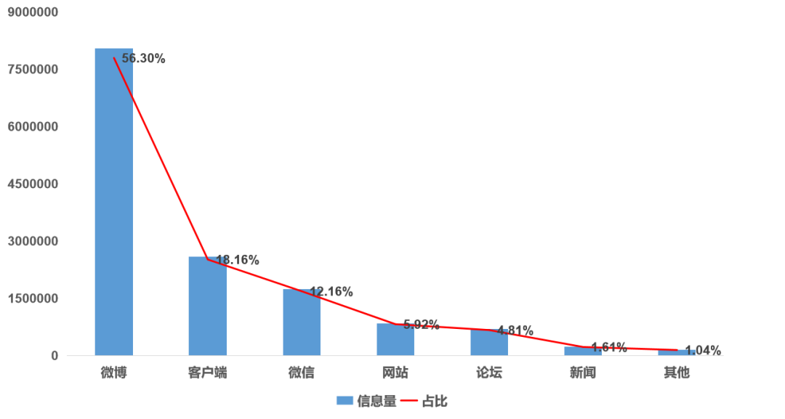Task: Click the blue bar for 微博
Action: tap(113, 203)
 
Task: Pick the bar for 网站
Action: tap(395, 340)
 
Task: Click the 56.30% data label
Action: tap(143, 59)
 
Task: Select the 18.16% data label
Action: tap(238, 260)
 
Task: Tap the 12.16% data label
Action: tap(331, 292)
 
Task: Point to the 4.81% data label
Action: tap(515, 330)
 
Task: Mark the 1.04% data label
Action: tap(703, 349)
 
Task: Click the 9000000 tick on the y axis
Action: tap(33, 12)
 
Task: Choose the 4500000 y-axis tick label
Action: tap(33, 184)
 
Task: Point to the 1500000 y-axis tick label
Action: tap(33, 298)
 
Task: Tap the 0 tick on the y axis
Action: tap(55, 356)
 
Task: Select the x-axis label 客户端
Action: tap(207, 374)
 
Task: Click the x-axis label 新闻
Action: tap(583, 374)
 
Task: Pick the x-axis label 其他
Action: tap(677, 374)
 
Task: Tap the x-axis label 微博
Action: tap(113, 374)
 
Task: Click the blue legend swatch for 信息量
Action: tap(344, 401)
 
